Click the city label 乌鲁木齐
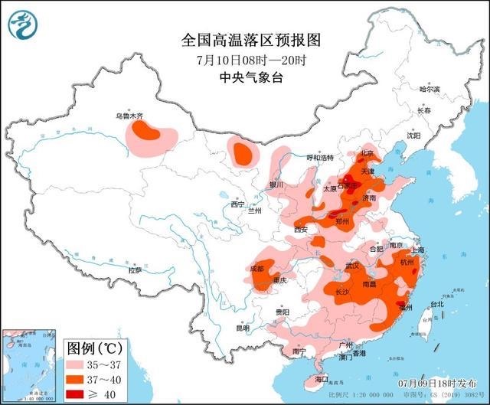(x=129, y=116)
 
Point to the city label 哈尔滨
(x=431, y=89)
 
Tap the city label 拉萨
(x=135, y=270)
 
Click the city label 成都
(x=256, y=268)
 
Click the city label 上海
(x=417, y=250)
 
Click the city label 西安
(x=300, y=229)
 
